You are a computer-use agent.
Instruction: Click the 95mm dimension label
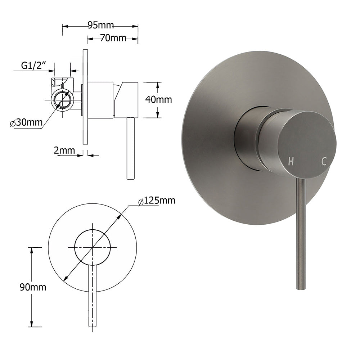click(x=100, y=25)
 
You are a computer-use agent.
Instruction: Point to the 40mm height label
click(x=159, y=99)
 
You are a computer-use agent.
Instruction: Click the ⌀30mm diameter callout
click(x=27, y=123)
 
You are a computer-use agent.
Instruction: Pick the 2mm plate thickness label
click(x=64, y=150)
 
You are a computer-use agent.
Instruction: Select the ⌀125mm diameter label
click(x=157, y=201)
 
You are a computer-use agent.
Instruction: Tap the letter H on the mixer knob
click(x=291, y=162)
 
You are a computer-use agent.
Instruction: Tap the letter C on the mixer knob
click(x=324, y=162)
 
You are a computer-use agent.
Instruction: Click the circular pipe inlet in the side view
click(x=63, y=99)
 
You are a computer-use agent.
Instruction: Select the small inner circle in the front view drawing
click(x=93, y=247)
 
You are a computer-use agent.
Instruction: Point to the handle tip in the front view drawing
click(x=93, y=325)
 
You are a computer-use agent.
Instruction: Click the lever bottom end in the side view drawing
click(x=131, y=177)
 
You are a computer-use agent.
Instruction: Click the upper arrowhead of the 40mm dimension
click(x=157, y=85)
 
